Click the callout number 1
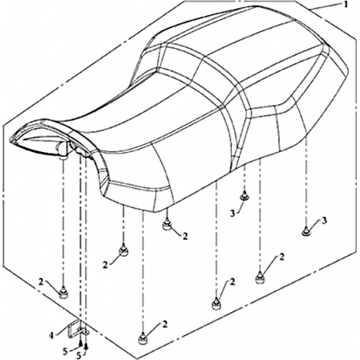coord(346,5)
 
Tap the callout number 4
coord(52,335)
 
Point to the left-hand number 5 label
coord(65,351)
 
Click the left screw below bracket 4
coord(80,344)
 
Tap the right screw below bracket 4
coord(86,346)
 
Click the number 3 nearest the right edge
coord(324,220)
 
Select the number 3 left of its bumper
coord(233,213)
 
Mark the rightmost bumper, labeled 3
coord(306,232)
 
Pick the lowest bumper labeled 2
coord(143,338)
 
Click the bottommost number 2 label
coord(165,324)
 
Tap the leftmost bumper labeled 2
coord(63,293)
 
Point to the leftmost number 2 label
coord(41,282)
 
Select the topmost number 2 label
coord(185,236)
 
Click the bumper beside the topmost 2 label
coord(166,225)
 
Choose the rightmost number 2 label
coord(282,256)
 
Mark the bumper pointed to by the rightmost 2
coord(260,278)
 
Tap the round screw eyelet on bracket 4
coord(85,332)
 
